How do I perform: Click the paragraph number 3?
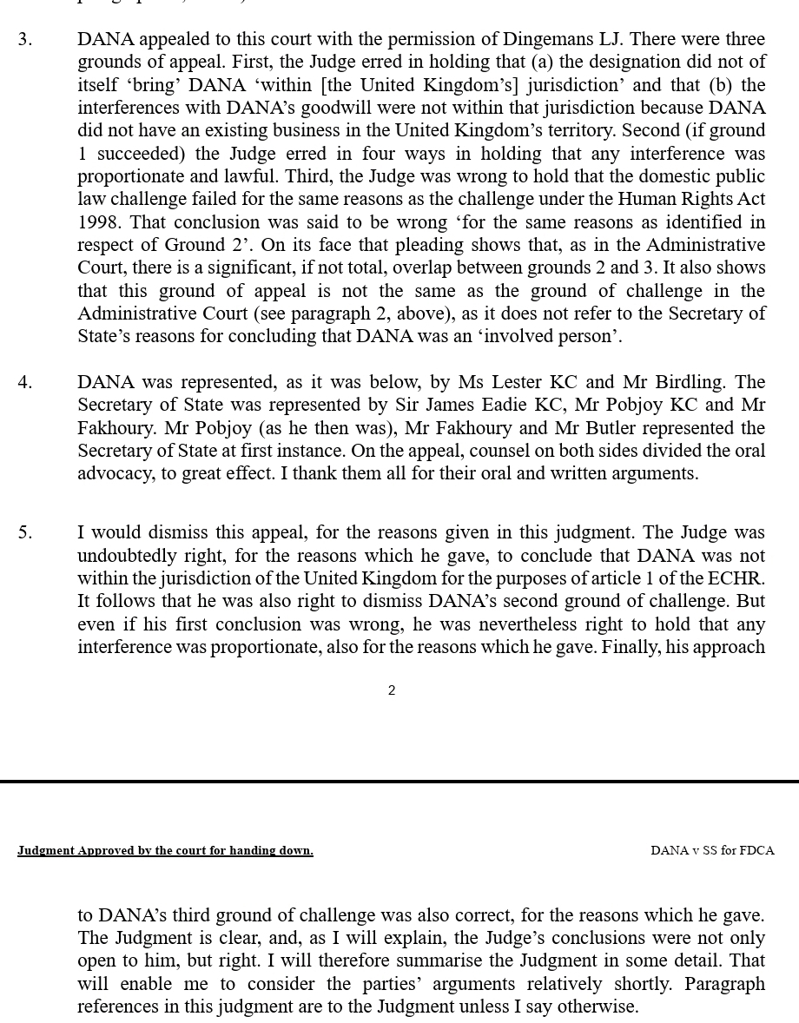point(24,39)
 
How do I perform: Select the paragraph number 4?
point(24,382)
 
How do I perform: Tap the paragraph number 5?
point(24,532)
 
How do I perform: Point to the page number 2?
point(392,690)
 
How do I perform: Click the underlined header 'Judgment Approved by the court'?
point(165,851)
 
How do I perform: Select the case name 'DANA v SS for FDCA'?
point(712,851)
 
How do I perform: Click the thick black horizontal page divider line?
point(399,782)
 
